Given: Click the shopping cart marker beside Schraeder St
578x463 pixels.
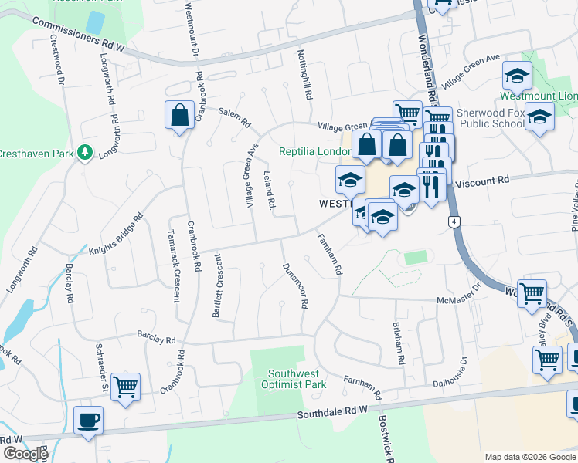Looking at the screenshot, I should point(125,387).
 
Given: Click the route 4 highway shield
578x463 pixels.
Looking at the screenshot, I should point(454,222).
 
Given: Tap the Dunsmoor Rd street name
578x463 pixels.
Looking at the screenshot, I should point(294,285).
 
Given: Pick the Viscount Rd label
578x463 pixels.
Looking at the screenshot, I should point(483,182).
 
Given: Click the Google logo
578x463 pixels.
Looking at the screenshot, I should point(25,454).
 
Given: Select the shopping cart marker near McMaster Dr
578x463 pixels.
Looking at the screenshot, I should point(532,294).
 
